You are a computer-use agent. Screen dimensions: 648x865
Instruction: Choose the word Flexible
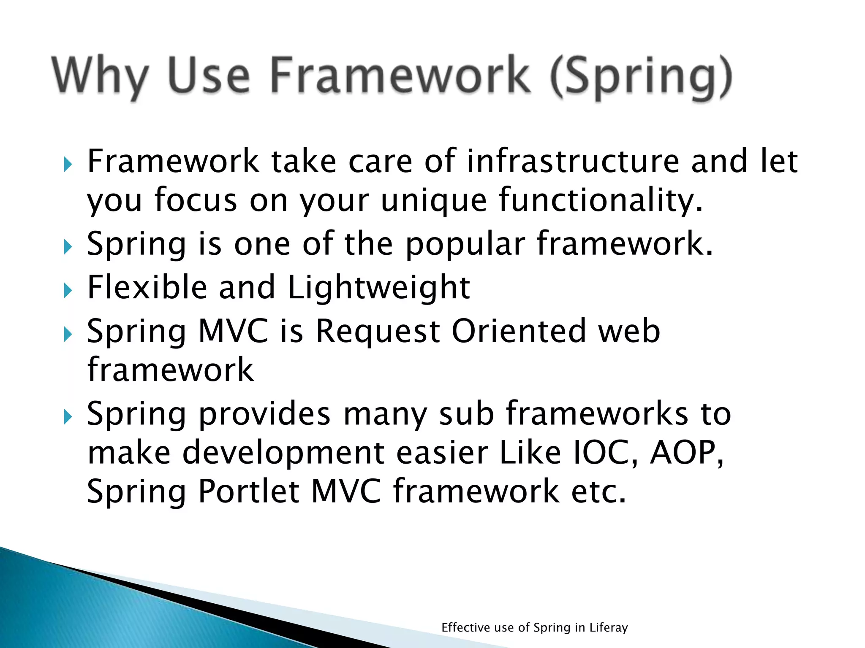(147, 287)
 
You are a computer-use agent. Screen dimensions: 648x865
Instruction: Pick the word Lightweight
(378, 287)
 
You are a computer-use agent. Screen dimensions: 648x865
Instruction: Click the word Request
(378, 331)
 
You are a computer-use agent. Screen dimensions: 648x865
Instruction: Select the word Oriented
(519, 331)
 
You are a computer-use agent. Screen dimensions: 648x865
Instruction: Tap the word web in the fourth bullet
(629, 331)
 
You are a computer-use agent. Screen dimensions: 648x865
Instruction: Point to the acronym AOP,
(687, 453)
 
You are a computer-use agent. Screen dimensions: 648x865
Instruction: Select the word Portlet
(249, 491)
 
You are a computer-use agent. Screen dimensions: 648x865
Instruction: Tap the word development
(283, 453)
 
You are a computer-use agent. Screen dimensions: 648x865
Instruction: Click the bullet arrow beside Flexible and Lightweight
(68, 291)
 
